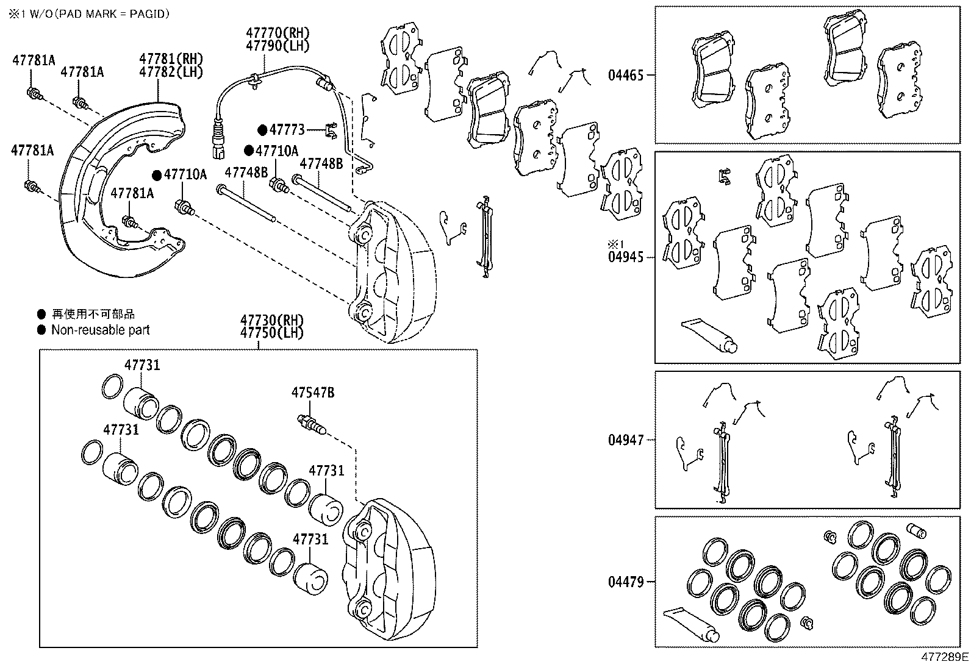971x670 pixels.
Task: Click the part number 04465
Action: [626, 76]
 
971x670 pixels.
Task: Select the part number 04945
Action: [626, 257]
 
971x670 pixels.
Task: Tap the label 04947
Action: [626, 440]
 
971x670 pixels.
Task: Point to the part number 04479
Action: [626, 582]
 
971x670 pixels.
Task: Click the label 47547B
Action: [312, 393]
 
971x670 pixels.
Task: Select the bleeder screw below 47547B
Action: [311, 425]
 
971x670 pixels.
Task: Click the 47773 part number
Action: [287, 130]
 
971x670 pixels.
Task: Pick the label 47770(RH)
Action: [278, 32]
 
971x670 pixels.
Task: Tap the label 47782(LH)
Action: [171, 72]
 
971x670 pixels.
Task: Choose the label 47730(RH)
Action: [272, 320]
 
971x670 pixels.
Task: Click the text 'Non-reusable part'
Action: [100, 330]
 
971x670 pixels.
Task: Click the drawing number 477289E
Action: [945, 657]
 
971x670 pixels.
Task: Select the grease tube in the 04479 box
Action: [691, 624]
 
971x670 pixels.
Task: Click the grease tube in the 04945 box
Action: [709, 336]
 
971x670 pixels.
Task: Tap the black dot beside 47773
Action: [262, 130]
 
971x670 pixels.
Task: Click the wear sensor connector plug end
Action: [218, 146]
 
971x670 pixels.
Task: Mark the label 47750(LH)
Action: [272, 333]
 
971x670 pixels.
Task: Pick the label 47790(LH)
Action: [278, 46]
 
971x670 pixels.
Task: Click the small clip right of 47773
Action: [331, 130]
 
